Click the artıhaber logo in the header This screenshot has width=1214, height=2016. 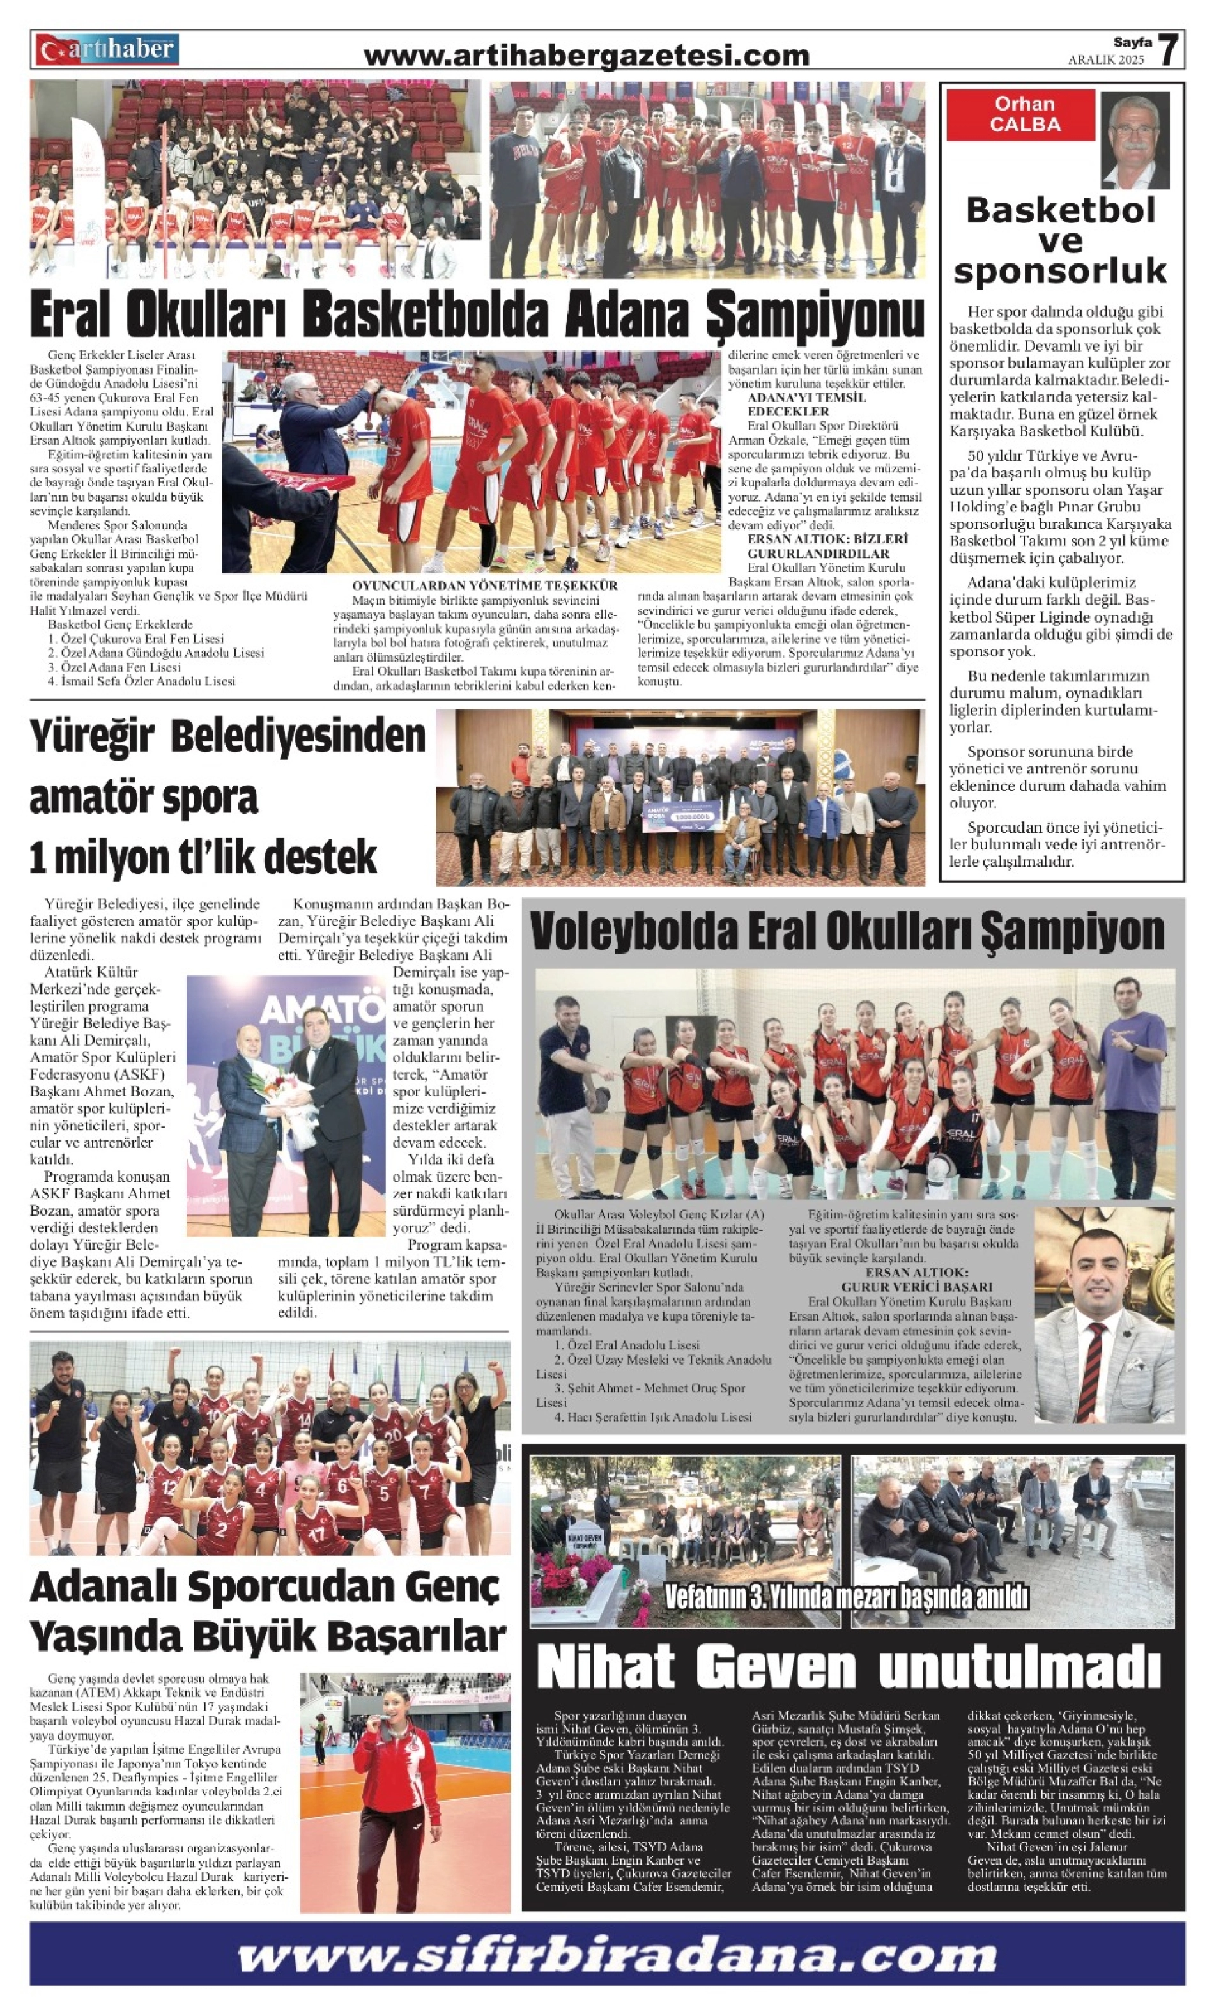click(x=106, y=50)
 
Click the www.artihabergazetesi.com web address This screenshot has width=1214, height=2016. click(x=586, y=56)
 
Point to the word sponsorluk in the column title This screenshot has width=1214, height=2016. click(x=1059, y=271)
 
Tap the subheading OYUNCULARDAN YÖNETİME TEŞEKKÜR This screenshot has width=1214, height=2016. click(x=484, y=586)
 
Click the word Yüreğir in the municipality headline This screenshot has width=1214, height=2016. click(x=91, y=736)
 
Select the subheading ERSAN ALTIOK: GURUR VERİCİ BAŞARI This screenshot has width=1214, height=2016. click(x=916, y=1280)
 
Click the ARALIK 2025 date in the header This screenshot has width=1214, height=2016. click(x=1106, y=59)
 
